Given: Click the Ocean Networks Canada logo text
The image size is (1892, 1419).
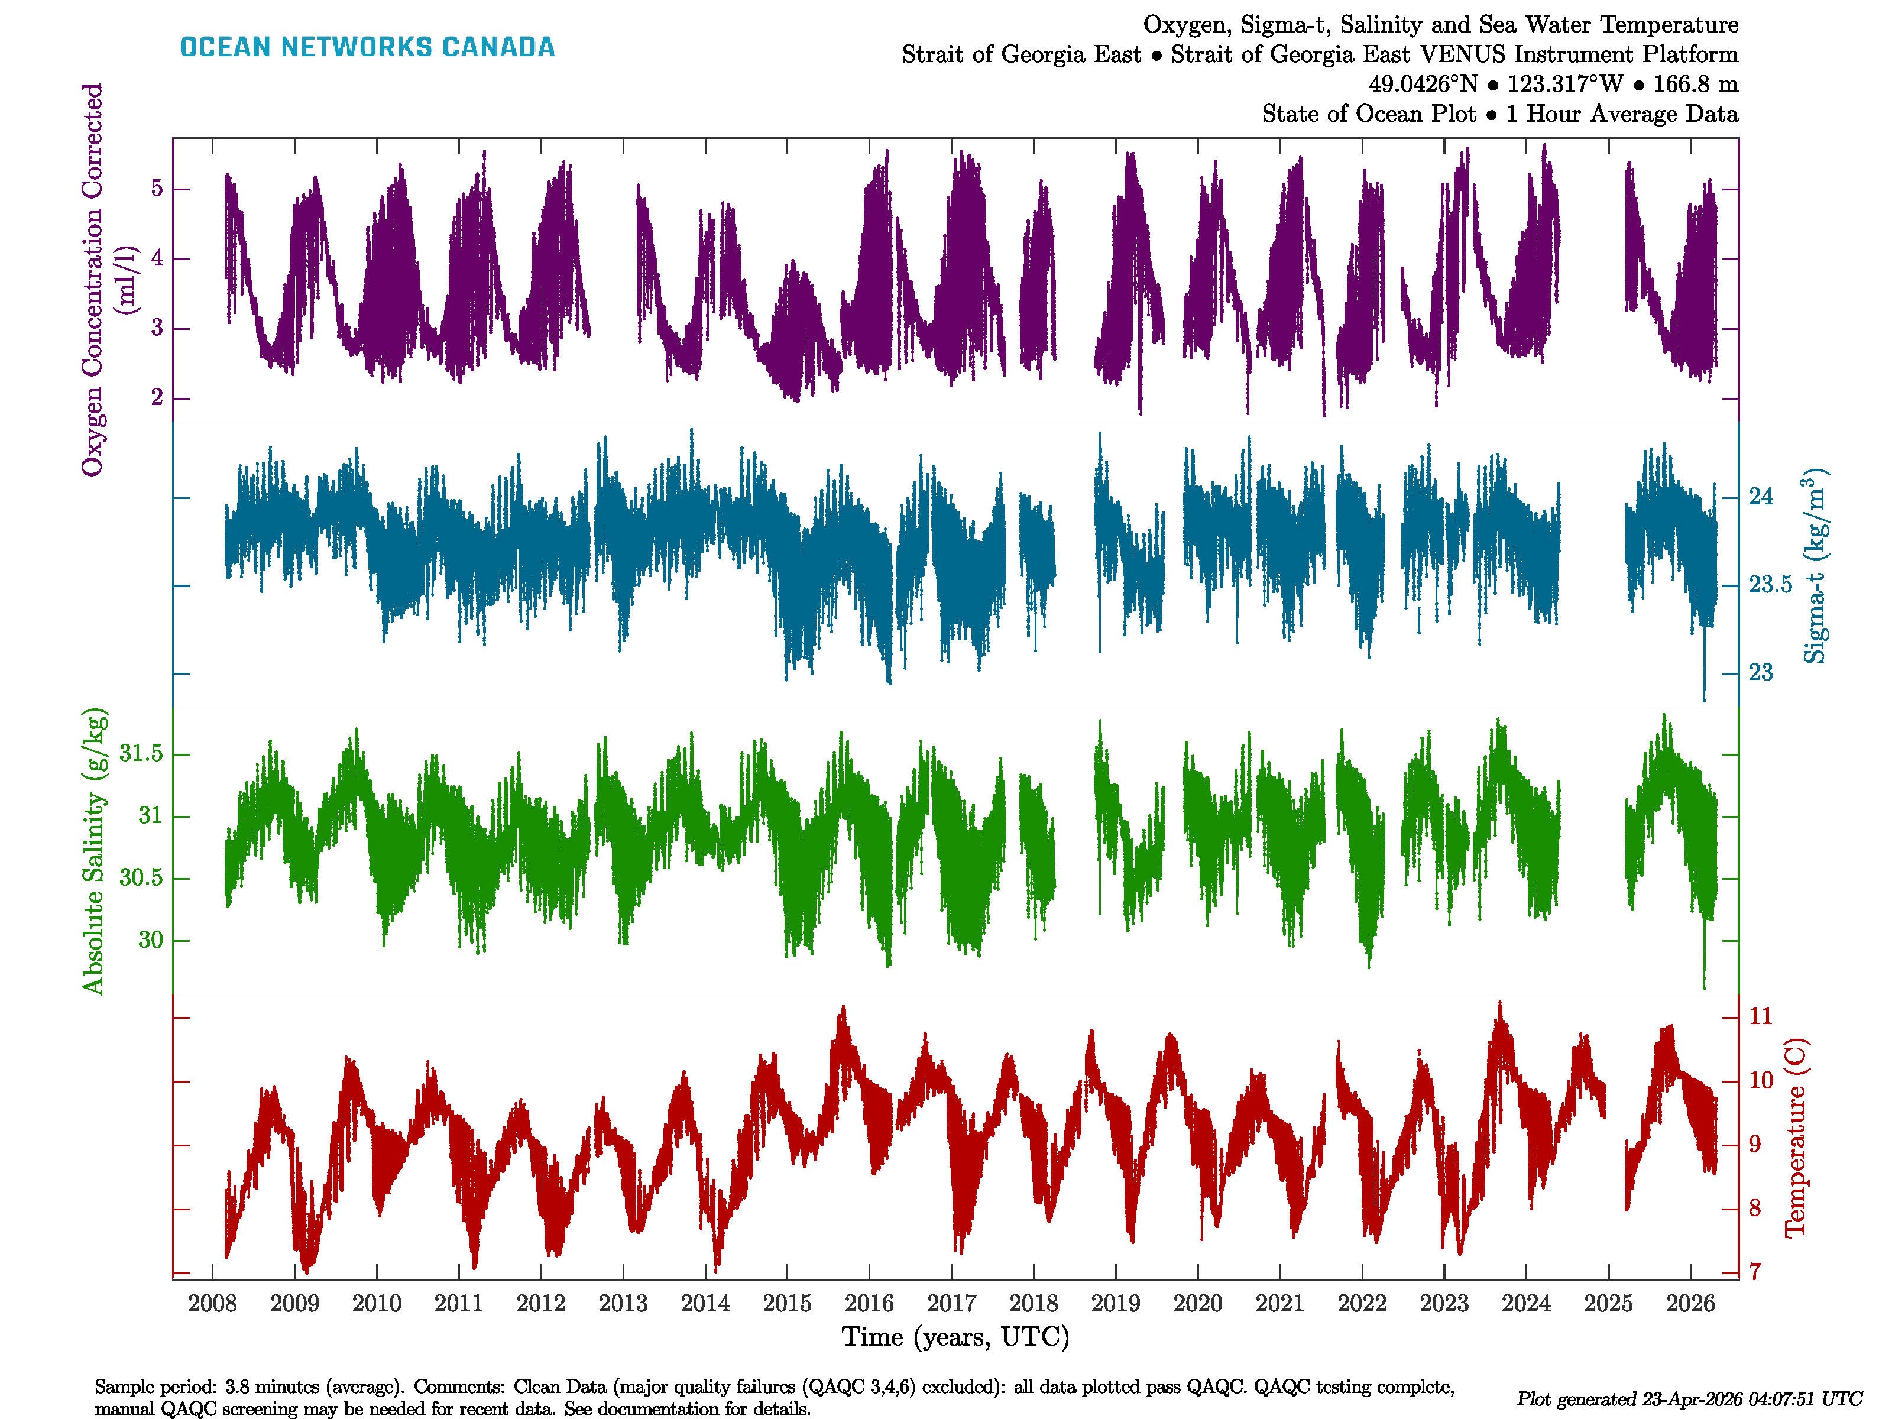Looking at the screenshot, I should tap(367, 47).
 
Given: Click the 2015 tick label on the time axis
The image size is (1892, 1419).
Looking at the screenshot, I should tap(787, 1304).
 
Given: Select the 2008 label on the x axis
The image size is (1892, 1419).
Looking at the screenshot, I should tap(212, 1304).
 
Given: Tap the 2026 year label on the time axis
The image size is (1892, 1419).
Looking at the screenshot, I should tap(1690, 1304).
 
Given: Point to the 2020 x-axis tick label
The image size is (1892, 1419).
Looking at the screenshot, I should tap(1197, 1304).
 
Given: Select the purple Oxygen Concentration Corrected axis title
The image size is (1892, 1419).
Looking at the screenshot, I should tap(92, 279).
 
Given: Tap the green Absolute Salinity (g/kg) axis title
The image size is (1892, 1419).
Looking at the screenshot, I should tap(93, 851).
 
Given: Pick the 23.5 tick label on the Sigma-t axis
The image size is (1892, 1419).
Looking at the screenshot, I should tap(1770, 585).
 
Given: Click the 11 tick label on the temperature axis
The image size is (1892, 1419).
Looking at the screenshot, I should tap(1760, 1016).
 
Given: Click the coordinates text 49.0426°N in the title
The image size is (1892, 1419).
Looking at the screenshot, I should tap(1423, 85).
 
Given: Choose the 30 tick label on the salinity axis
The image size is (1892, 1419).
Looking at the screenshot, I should tap(151, 940).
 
